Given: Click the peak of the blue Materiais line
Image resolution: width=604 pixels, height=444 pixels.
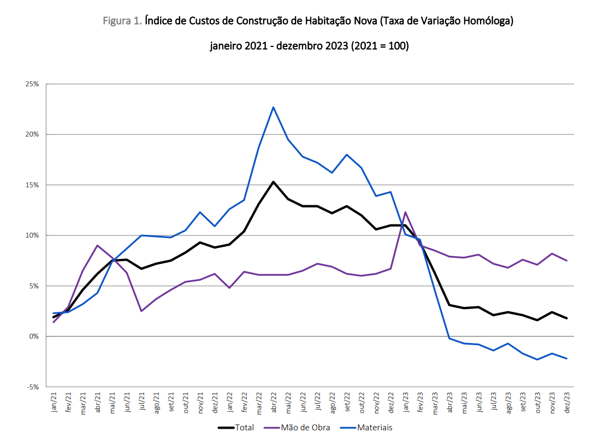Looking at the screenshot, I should [273, 107].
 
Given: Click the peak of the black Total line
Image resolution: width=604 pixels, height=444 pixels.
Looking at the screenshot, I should [273, 182].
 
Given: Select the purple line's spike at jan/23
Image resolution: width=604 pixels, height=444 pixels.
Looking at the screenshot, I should [405, 212].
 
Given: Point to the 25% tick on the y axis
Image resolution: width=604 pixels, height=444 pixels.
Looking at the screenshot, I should [32, 84].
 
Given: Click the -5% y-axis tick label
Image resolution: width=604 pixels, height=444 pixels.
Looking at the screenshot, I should [32, 387].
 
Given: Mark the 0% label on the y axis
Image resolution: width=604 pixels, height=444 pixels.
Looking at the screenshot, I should [33, 336].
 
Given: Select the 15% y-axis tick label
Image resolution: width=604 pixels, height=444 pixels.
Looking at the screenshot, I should [32, 185].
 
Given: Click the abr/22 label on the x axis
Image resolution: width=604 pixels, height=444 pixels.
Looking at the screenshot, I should [274, 402].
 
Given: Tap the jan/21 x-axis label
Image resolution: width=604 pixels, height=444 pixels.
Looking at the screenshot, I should [54, 402].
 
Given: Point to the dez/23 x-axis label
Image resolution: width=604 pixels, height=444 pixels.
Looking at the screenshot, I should [567, 402].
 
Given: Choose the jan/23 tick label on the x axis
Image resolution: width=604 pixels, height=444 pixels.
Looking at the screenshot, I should [405, 402].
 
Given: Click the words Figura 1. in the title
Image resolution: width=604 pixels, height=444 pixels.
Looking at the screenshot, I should [123, 22].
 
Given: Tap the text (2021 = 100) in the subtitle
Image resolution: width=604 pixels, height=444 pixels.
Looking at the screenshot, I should [380, 46].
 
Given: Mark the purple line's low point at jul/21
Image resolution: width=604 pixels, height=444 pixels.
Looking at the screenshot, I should [141, 311].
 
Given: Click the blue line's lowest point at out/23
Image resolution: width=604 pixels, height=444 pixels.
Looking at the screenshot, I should [537, 359].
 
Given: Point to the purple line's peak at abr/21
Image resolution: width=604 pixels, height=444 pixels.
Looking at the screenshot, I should [97, 245].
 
